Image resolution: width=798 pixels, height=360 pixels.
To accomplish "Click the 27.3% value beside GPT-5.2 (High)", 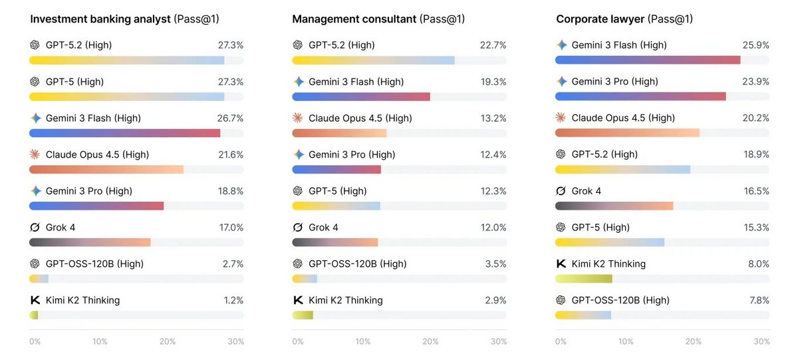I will coord(230,45).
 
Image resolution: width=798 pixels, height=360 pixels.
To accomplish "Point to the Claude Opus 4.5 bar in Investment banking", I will coord(106,169).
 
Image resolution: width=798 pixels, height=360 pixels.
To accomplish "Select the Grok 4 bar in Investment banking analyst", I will coord(90,242).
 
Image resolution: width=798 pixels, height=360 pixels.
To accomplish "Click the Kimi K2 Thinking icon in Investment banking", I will coord(35,300).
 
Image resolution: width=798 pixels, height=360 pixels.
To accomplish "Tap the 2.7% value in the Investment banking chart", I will coord(233,264).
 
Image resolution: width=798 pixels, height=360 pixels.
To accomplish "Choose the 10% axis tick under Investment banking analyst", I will coord(100,341).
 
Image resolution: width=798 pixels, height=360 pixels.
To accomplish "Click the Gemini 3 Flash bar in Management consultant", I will coord(361,96).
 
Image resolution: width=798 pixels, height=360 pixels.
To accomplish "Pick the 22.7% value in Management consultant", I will coord(493,45).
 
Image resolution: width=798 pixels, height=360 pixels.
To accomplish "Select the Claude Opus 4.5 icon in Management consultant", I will coord(298,118).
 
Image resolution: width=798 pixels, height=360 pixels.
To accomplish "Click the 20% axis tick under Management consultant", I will coord(430,341).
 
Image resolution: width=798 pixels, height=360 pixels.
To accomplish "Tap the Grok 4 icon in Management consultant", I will coord(298,228).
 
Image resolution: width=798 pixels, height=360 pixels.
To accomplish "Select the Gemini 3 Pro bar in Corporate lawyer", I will coord(640,96).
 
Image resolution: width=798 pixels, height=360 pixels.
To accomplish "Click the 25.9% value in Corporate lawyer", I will coord(755,45).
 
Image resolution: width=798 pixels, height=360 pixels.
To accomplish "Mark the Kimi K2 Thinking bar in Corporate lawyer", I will coord(584,279).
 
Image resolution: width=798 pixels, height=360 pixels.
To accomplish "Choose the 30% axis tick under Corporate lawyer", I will coord(761,341).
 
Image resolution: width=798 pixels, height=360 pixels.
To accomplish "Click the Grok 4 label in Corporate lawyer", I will coord(586,191).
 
